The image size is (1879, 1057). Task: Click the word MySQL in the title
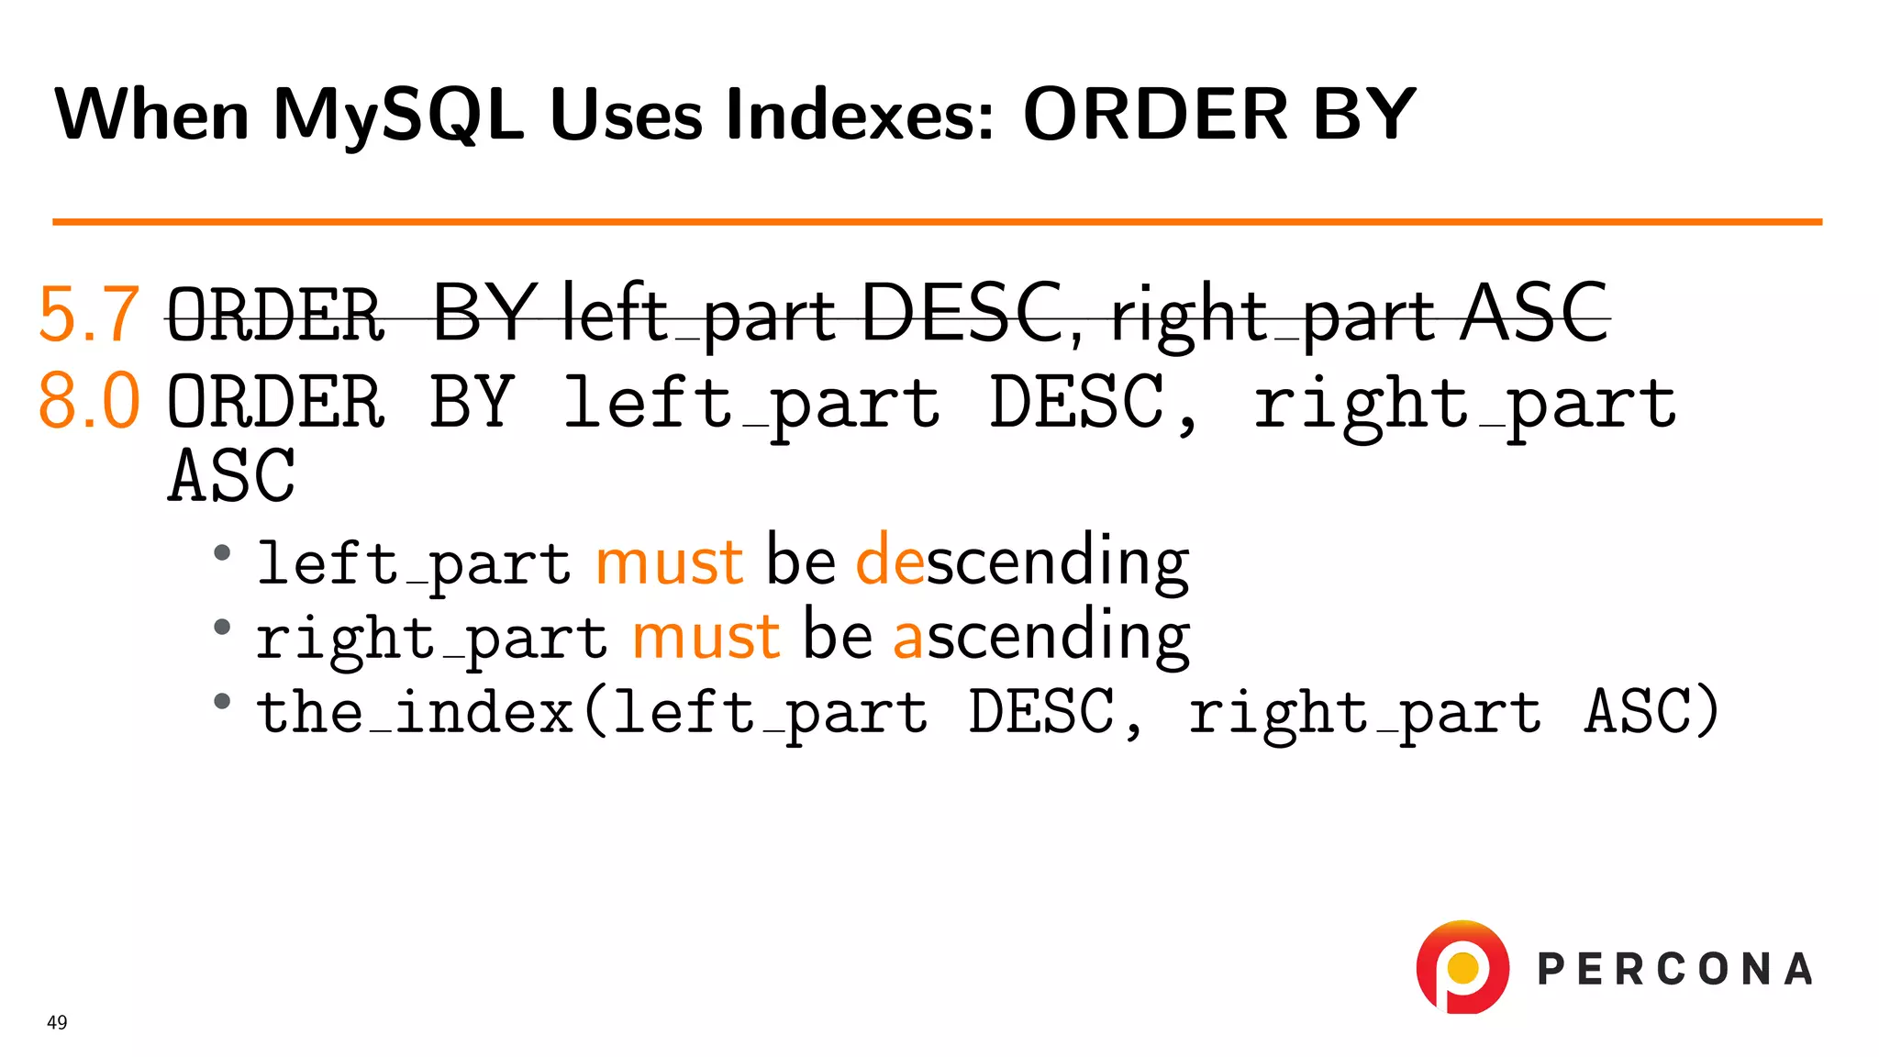[398, 116]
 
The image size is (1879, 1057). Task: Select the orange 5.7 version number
[89, 315]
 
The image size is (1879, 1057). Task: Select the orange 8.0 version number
[89, 401]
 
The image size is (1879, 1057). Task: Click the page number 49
[57, 1022]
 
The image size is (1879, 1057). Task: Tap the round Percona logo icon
[1462, 967]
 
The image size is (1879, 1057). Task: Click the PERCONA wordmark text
[1674, 970]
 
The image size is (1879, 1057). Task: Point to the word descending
[1022, 561]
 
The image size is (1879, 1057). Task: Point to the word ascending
[1041, 636]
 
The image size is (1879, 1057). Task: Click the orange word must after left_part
[669, 562]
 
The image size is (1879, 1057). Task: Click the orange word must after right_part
[706, 636]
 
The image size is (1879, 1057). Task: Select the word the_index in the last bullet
[415, 712]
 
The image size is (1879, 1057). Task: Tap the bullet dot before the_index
[222, 702]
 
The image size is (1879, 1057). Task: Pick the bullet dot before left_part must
[222, 552]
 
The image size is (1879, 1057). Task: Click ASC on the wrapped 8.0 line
[232, 476]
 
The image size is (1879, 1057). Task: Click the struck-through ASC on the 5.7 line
[1534, 315]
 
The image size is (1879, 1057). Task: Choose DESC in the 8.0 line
[1076, 402]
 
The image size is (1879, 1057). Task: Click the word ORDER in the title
[1155, 116]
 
